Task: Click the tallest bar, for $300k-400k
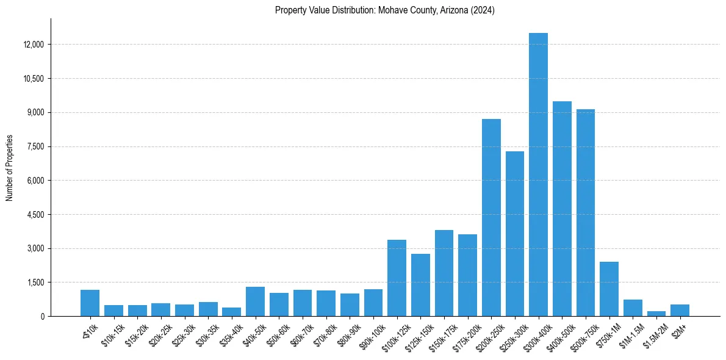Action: pos(538,175)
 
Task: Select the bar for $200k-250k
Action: pos(491,217)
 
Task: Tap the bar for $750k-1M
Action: pos(609,289)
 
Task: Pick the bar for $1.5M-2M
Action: pos(656,314)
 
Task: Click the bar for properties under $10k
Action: pos(90,303)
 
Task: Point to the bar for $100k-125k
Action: pos(397,278)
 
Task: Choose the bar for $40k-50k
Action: pos(255,301)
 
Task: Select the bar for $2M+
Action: pos(680,310)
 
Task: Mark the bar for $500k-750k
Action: pos(585,212)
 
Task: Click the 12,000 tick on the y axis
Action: pos(33,45)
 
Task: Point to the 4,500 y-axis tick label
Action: pos(35,215)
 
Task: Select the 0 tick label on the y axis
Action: pos(43,317)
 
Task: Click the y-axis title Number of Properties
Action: pos(10,168)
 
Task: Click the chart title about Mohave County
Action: pos(384,10)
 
